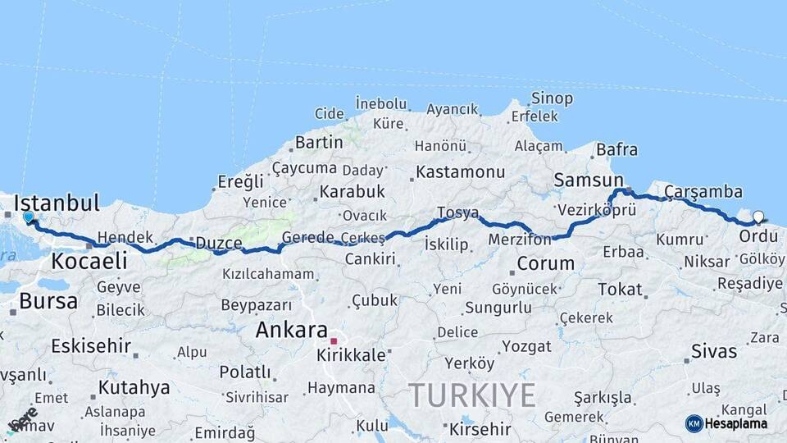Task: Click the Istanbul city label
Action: point(57,203)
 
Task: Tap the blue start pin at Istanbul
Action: point(29,217)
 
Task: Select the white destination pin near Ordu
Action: point(758,217)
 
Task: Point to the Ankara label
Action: point(291,330)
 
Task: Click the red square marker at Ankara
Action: point(334,340)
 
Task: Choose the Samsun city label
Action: point(588,179)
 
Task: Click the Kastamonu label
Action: point(460,172)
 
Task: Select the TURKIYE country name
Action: point(473,395)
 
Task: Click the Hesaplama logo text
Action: point(736,423)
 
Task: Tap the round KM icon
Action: point(694,423)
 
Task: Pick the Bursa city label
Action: point(48,300)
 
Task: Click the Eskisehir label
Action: point(91,345)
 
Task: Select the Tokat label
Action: point(620,290)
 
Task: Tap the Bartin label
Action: point(318,142)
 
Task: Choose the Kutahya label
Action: point(134,386)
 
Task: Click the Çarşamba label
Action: point(703,192)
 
